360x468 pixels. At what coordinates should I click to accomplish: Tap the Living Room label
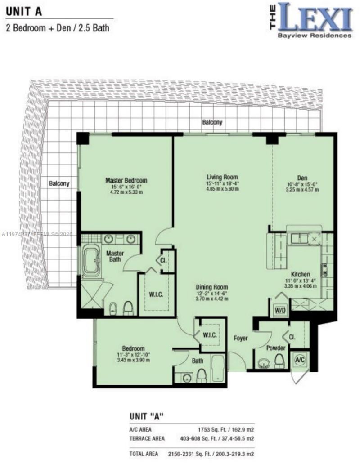tap(222, 177)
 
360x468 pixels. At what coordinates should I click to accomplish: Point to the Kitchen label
tap(300, 274)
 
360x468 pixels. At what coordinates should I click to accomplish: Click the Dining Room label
tap(211, 287)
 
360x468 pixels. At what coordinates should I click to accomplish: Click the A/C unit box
tap(300, 360)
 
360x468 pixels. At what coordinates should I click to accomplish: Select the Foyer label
tap(240, 338)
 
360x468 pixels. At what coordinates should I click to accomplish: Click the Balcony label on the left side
tap(59, 183)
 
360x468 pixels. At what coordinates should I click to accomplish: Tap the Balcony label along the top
tap(212, 122)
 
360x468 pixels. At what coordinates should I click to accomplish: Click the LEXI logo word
tap(315, 17)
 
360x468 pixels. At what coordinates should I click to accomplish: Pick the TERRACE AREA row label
tap(147, 438)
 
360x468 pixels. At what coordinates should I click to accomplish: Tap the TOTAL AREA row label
tap(144, 455)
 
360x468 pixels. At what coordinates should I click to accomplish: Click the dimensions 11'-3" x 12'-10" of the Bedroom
tap(134, 355)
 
